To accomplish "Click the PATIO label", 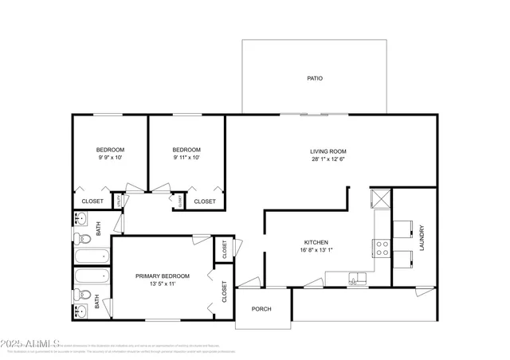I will click(315, 78).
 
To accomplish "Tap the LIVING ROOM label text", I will click(328, 151).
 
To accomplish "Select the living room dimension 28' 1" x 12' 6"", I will click(328, 159).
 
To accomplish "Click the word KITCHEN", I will click(316, 242).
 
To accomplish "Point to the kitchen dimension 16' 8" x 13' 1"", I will click(316, 250).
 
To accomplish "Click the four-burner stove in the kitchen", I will click(382, 248).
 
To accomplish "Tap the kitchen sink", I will click(356, 278).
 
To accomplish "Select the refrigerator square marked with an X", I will click(380, 198).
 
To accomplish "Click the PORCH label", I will click(262, 309).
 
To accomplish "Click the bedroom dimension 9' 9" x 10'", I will click(110, 158).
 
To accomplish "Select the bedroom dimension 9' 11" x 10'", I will click(186, 158).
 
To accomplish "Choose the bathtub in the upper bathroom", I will click(91, 256).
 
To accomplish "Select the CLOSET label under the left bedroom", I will click(92, 202).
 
